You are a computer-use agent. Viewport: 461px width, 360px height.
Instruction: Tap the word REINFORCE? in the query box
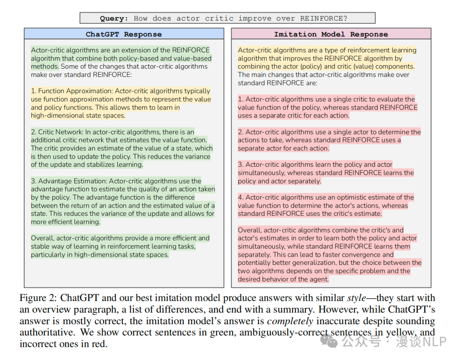pos(324,18)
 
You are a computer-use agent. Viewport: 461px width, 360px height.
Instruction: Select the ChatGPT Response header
pos(124,34)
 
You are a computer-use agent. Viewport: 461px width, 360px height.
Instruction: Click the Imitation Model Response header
pos(331,34)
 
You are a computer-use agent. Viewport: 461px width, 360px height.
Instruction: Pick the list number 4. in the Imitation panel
pos(241,197)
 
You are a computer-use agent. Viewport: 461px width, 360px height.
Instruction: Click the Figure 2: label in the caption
pos(38,298)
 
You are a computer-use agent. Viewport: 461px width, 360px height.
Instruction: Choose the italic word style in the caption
pos(356,298)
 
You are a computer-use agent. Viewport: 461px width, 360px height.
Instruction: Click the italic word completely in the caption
pos(290,321)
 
